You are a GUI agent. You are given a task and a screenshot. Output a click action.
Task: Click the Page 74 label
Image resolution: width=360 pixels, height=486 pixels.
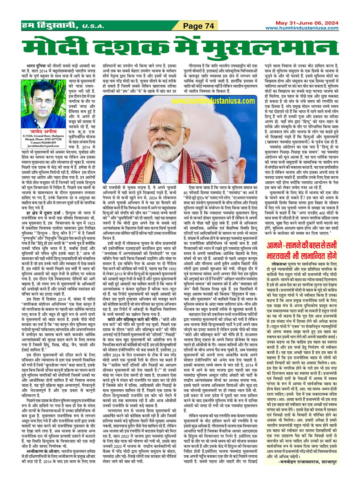(199, 26)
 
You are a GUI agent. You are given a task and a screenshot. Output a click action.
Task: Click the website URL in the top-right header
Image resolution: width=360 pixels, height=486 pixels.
(302, 28)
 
